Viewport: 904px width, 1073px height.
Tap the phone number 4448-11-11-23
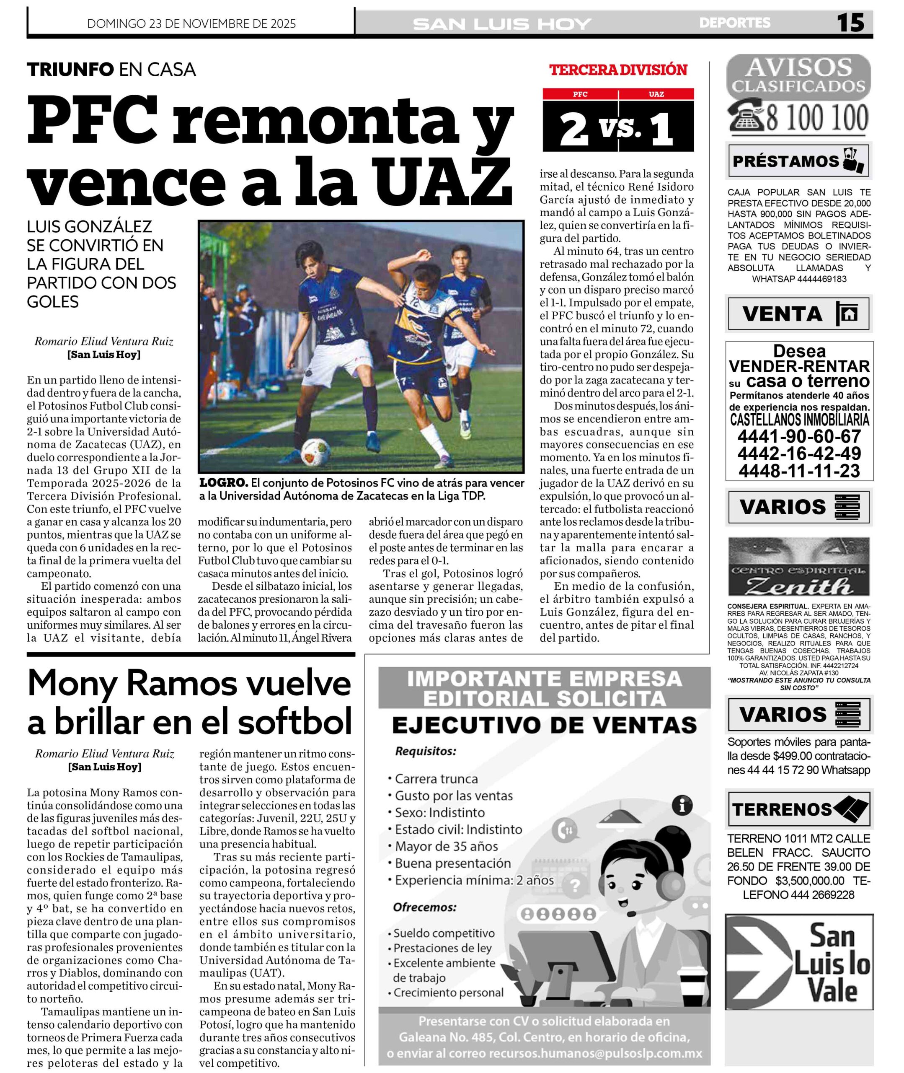[x=799, y=471]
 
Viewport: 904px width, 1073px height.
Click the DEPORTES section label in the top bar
[x=734, y=23]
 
